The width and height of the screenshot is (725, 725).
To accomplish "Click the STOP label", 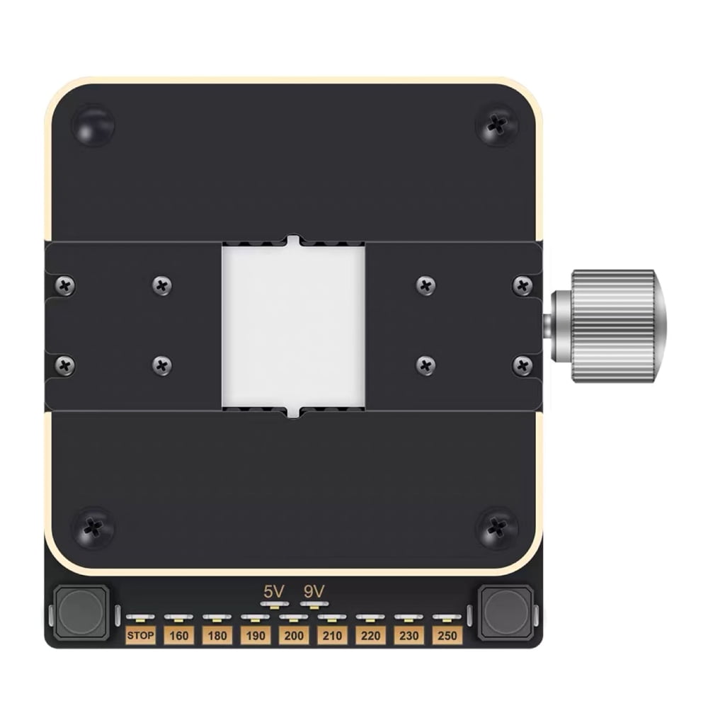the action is coord(140,635).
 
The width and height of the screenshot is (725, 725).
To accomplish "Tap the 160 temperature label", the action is coord(178,635).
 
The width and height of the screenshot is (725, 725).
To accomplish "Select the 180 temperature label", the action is coord(217,635).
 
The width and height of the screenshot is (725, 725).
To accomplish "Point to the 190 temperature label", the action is coord(255,635).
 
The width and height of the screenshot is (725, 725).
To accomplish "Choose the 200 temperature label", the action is coord(294,635).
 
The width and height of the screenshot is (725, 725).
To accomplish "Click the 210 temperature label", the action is coord(332,635).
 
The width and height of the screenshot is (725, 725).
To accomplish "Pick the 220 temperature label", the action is coord(370,635).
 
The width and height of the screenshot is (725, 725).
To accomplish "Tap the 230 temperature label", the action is coord(409,635).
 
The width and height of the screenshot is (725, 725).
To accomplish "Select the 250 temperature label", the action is coord(447,635).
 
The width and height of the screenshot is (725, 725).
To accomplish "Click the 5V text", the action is coord(274,591).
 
